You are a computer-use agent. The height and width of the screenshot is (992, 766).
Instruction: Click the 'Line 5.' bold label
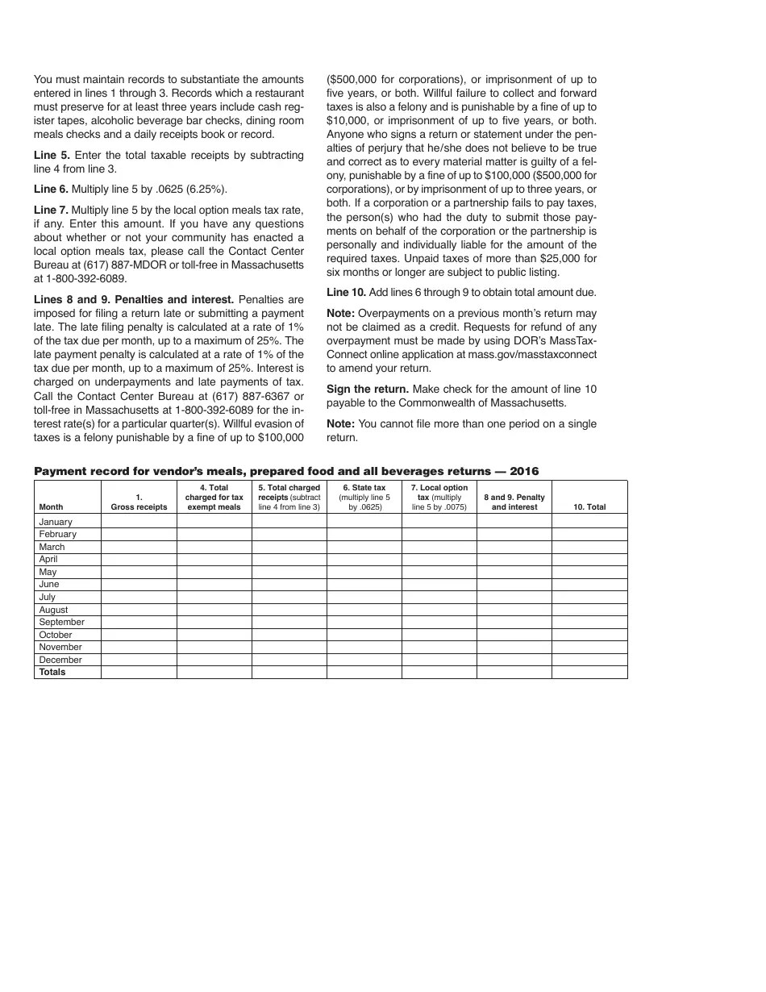[x=52, y=155]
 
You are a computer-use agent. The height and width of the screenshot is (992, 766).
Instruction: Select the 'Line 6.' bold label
[x=51, y=190]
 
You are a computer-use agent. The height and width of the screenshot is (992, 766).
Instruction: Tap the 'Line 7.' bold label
[x=51, y=210]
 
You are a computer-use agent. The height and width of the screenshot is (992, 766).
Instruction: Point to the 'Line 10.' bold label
[x=346, y=291]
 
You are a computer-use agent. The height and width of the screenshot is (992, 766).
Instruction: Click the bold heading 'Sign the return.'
[x=367, y=389]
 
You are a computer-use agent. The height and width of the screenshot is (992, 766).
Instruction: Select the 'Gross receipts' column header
[x=139, y=507]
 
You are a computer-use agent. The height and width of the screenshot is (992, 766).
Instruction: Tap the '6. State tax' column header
[x=364, y=488]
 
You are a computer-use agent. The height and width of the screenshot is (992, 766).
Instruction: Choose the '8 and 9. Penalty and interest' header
[x=514, y=502]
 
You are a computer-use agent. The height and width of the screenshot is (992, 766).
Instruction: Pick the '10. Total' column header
[x=589, y=507]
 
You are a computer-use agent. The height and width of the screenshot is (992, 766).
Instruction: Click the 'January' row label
[x=56, y=522]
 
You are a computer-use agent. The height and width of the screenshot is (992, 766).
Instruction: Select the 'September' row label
[x=61, y=622]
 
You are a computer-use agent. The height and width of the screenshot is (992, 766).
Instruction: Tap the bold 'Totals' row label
[x=52, y=672]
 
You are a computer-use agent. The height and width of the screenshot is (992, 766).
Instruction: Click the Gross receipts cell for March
[x=139, y=547]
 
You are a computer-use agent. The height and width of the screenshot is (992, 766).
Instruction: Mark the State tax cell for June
[x=364, y=584]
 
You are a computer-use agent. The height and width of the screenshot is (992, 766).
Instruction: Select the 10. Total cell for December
[x=589, y=660]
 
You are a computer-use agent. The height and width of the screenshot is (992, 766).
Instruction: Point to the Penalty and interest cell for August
[x=514, y=610]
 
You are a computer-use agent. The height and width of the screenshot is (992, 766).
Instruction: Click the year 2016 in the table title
[x=523, y=472]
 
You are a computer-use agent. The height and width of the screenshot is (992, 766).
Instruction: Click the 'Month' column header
[x=51, y=507]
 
